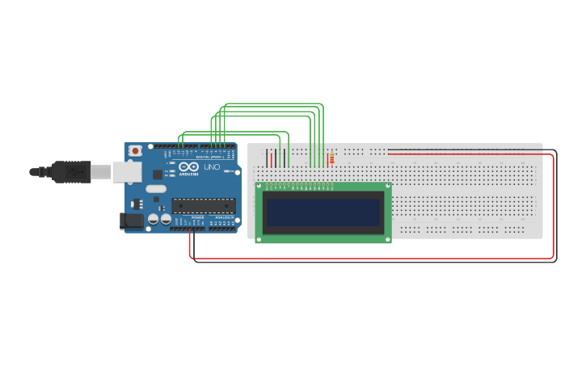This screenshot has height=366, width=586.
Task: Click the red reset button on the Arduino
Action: pyautogui.click(x=135, y=150)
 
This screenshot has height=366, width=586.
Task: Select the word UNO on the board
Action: pyautogui.click(x=211, y=167)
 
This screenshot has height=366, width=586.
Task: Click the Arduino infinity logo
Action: pyautogui.click(x=189, y=166)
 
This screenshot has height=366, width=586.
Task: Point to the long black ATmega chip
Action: pyautogui.click(x=204, y=206)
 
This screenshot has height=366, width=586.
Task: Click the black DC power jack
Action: pyautogui.click(x=132, y=220)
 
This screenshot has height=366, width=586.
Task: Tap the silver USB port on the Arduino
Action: pyautogui.click(x=125, y=171)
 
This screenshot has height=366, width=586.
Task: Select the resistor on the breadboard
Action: pyautogui.click(x=331, y=158)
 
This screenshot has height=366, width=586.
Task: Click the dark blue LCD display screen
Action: pyautogui.click(x=323, y=212)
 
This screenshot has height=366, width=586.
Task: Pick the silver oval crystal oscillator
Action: pyautogui.click(x=156, y=189)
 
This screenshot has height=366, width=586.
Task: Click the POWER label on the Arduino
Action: pyautogui.click(x=198, y=217)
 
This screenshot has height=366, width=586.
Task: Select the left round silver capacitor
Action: pyautogui.click(x=154, y=219)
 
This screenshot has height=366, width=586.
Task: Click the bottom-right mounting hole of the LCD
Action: pyautogui.click(x=387, y=238)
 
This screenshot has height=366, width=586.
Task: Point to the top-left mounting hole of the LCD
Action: pyautogui.click(x=259, y=187)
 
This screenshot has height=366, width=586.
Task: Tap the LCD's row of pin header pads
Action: pyautogui.click(x=298, y=185)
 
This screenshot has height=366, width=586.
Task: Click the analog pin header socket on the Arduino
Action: pyautogui.click(x=223, y=229)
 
